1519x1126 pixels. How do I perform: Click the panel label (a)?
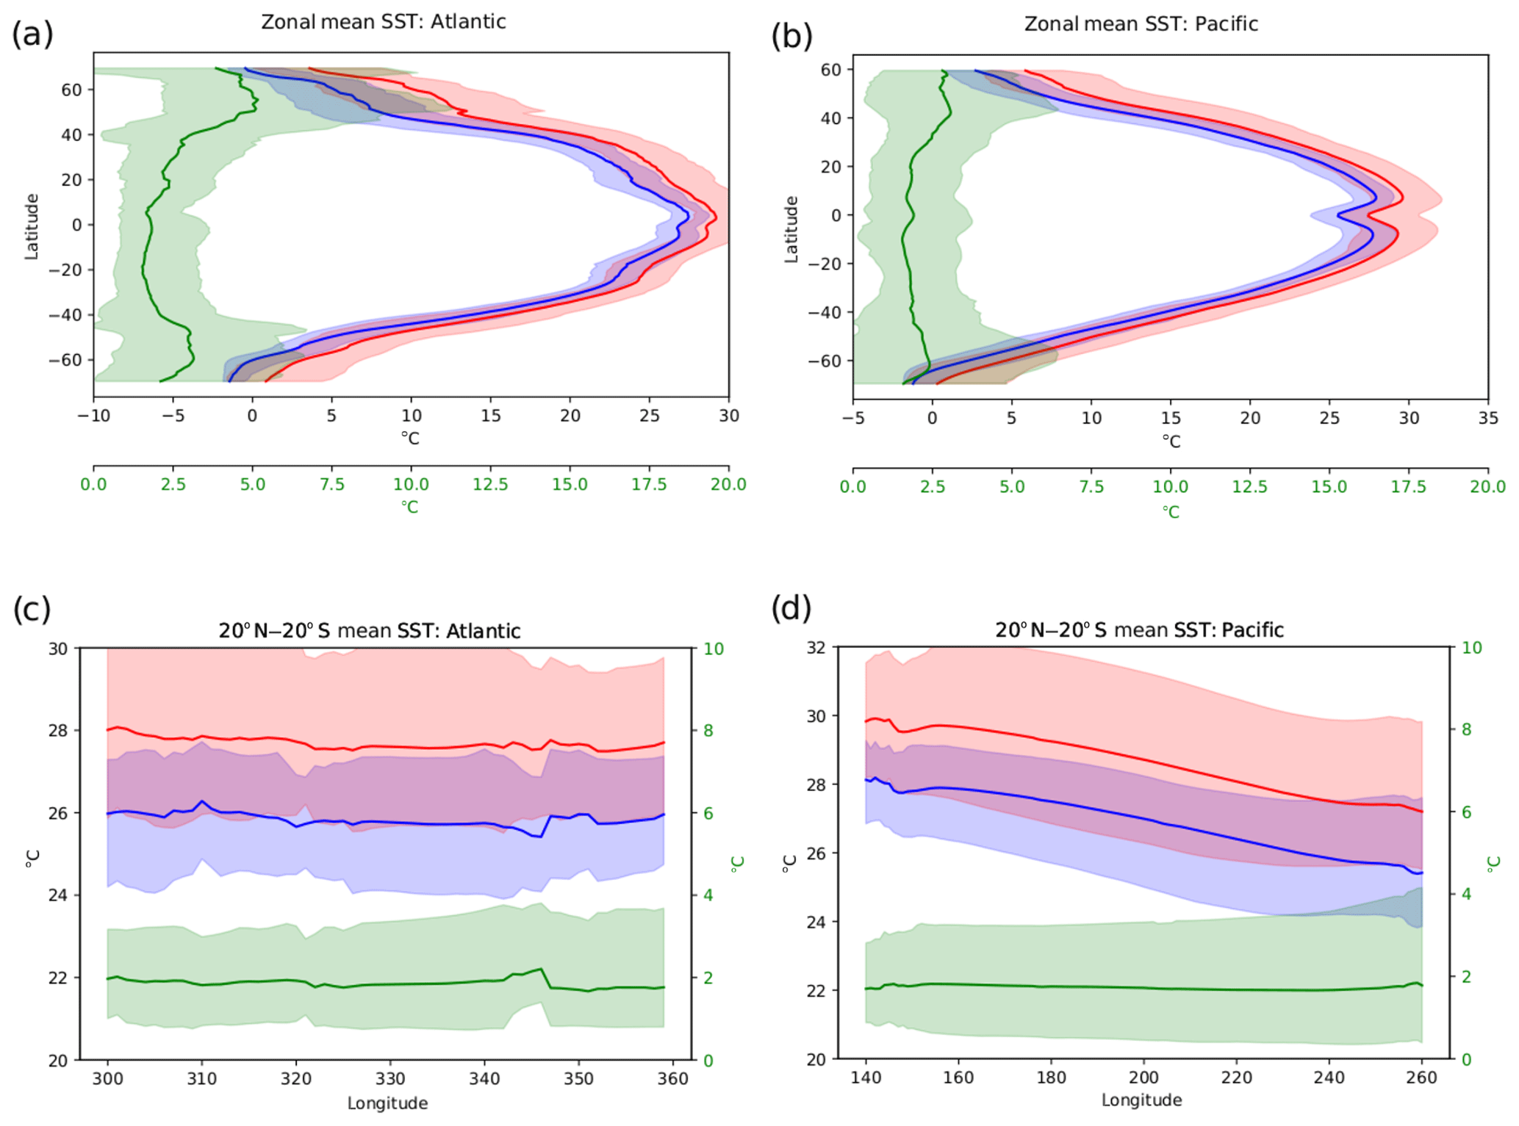coord(32,35)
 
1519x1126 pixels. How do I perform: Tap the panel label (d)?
coord(791,608)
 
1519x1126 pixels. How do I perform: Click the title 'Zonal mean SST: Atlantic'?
coord(384,21)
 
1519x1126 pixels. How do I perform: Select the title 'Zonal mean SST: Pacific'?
coord(1141,24)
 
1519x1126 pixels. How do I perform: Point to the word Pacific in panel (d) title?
coord(1252,629)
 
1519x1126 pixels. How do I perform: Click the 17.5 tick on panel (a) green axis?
coord(649,484)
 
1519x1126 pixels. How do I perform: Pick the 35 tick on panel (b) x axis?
coord(1487,418)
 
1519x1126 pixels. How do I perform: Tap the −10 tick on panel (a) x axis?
coord(93,416)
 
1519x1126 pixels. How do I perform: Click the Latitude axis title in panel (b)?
coord(791,229)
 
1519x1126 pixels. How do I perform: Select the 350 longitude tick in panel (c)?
coord(578,1078)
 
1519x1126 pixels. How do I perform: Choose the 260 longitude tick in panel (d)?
coord(1421,1077)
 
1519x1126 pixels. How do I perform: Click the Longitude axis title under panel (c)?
coord(387,1102)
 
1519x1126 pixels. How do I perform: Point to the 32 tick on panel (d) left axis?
coord(816,647)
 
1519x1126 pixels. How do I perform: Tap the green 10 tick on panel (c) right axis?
coord(714,649)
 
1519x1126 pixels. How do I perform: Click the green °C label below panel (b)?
coord(1171,511)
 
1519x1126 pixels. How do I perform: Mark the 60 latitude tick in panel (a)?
coord(71,90)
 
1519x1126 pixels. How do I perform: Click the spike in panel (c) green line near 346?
coord(542,970)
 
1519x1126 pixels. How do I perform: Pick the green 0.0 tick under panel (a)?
coord(93,484)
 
